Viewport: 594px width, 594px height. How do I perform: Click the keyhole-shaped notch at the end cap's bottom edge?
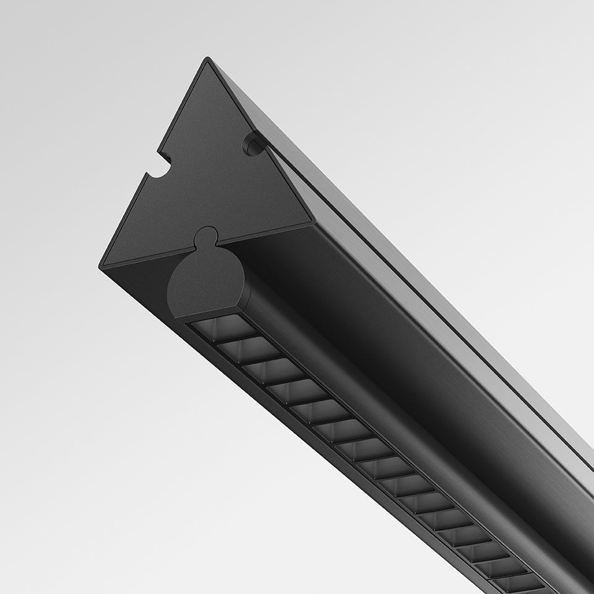click(206, 238)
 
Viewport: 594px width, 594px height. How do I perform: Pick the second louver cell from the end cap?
click(248, 350)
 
